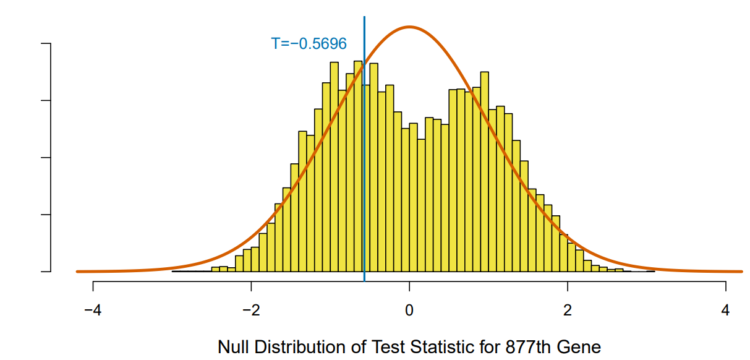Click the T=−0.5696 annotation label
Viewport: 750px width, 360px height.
tap(309, 44)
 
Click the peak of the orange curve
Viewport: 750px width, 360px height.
tap(409, 27)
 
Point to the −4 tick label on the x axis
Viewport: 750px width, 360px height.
tap(93, 309)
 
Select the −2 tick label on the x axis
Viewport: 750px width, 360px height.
tap(251, 309)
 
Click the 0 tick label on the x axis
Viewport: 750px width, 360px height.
tap(409, 309)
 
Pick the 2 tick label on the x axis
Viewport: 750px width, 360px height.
tap(568, 309)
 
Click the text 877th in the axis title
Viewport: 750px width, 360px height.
tap(523, 347)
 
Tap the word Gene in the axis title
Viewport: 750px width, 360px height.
tap(581, 347)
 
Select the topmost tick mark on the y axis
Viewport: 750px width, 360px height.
tap(46, 44)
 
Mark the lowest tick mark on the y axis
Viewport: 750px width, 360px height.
tap(46, 272)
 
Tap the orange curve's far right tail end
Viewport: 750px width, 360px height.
tap(741, 271)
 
